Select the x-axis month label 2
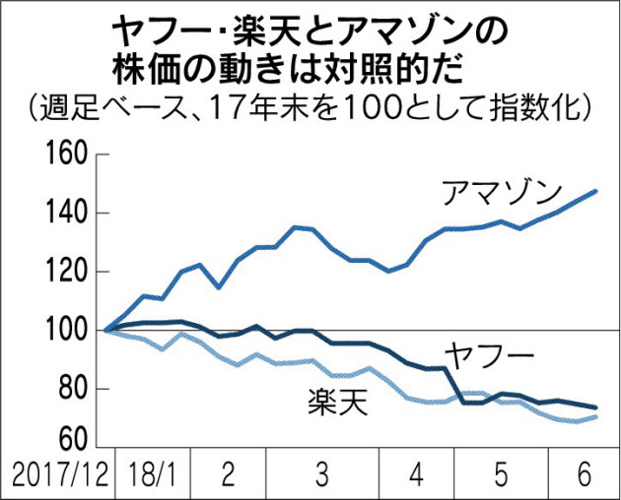click(x=228, y=476)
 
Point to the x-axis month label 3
click(x=322, y=476)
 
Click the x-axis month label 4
click(x=415, y=476)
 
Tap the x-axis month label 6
click(x=583, y=476)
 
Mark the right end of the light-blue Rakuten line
click(x=596, y=416)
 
